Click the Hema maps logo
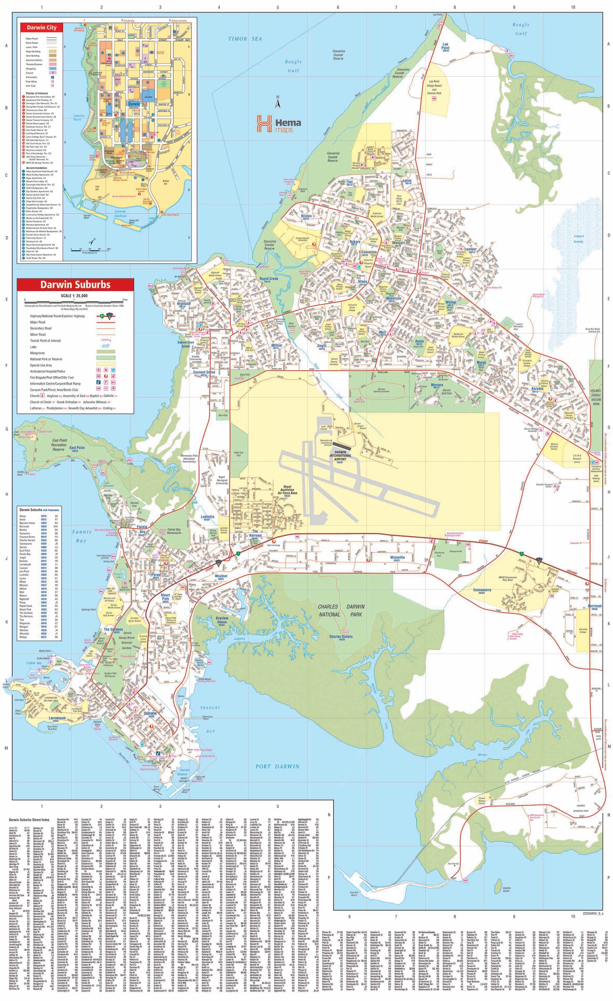click(278, 124)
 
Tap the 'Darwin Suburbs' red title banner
click(75, 284)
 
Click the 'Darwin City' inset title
click(42, 28)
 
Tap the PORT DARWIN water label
click(277, 767)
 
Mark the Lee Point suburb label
click(445, 46)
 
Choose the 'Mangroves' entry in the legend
click(39, 353)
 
